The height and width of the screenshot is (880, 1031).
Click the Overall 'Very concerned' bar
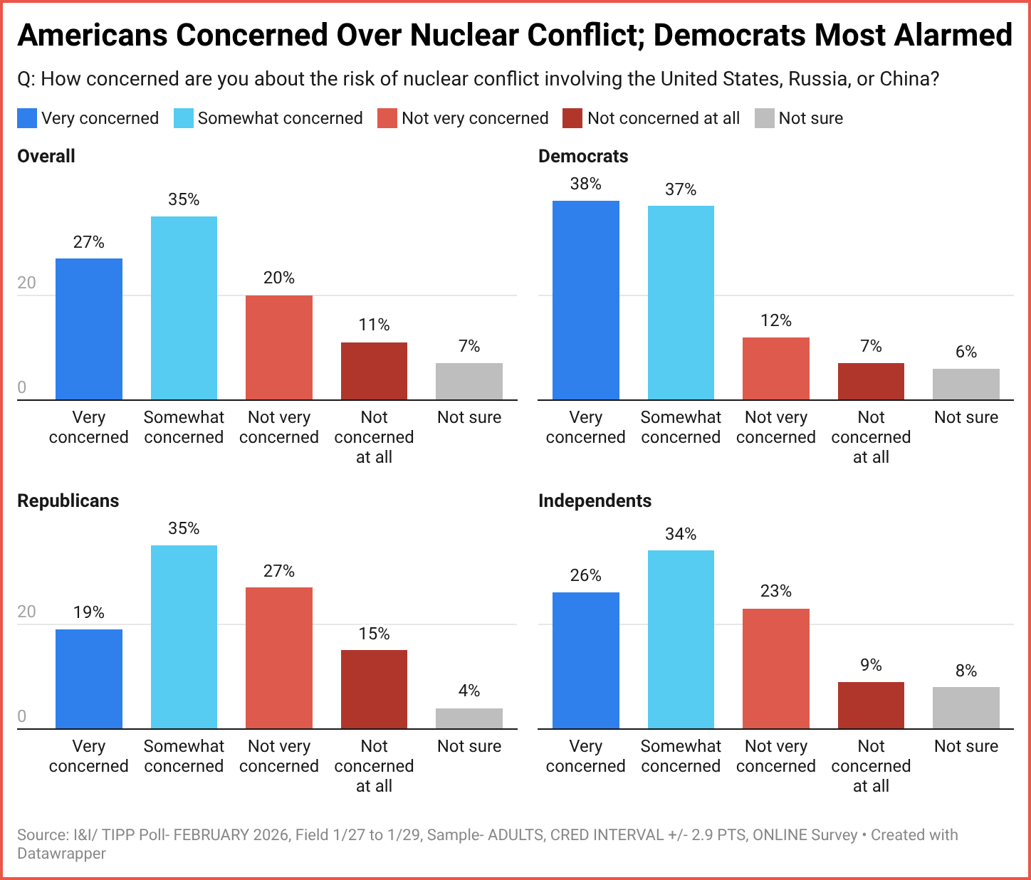89,329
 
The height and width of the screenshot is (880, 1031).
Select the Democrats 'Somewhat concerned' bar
681,303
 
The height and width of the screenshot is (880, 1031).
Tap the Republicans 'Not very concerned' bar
279,658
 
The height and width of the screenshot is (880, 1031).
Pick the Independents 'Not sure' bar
966,708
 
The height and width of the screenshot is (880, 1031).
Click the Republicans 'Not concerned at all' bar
374,689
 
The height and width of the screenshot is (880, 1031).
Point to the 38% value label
586,184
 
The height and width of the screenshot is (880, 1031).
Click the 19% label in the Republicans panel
89,612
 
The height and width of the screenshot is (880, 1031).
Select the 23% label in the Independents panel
776,591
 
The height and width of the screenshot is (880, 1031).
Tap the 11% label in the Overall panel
374,325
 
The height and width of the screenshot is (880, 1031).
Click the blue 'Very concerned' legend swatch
27,118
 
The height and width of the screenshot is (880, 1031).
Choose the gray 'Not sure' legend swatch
764,118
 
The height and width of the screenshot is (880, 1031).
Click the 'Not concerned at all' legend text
664,118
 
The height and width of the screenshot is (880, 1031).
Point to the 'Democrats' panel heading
583,157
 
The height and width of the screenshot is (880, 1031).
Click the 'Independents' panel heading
595,501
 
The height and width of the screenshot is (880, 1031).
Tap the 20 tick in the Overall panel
26,283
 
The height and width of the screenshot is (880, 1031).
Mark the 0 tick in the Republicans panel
21,716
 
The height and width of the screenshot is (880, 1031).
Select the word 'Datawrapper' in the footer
61,853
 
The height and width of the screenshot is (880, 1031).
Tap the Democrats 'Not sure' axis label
966,417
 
